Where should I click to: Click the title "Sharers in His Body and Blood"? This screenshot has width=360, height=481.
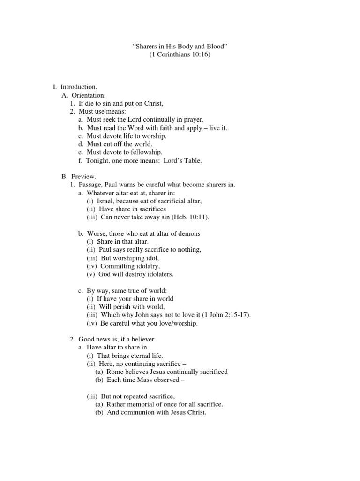pos(180,47)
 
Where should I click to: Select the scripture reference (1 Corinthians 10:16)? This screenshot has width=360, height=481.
pos(180,55)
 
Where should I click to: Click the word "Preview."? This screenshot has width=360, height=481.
pos(84,177)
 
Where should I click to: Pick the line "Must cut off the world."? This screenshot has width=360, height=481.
pos(120,144)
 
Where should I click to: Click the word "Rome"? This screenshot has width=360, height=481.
pos(116,372)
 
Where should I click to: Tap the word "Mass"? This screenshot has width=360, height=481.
pos(149,380)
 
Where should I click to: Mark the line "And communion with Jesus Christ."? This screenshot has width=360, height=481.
pos(156,412)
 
